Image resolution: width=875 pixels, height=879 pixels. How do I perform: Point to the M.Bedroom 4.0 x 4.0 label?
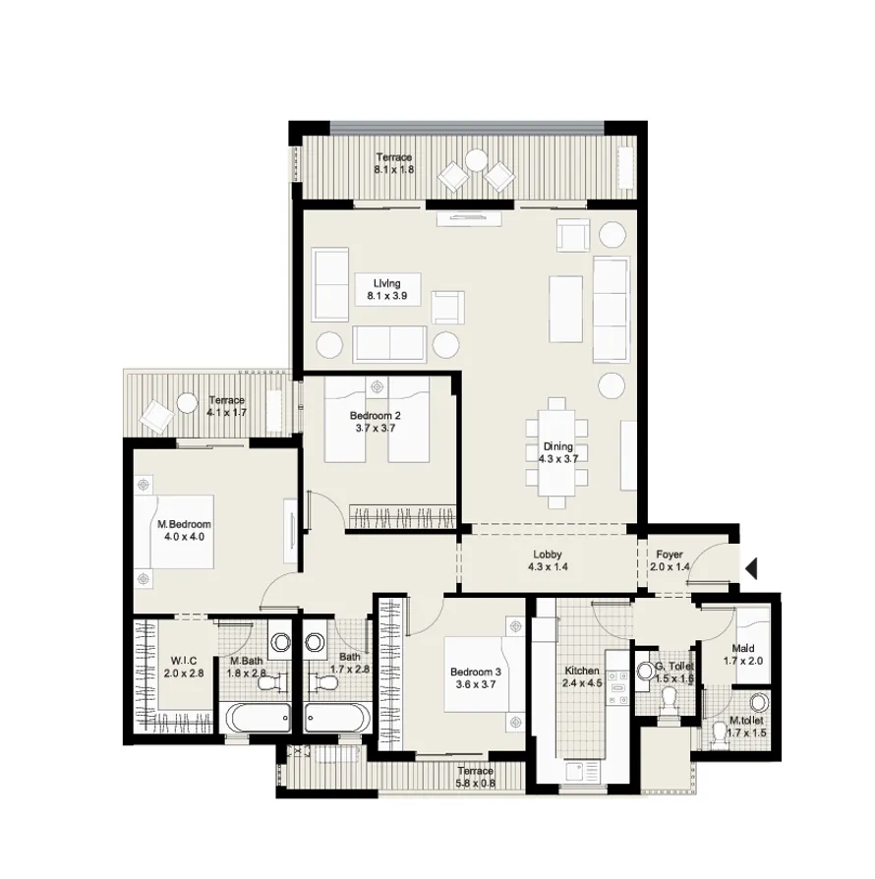click(x=184, y=531)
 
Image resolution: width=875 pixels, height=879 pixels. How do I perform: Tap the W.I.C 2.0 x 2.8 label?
click(x=186, y=667)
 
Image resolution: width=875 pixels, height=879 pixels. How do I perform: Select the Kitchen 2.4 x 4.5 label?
click(x=581, y=677)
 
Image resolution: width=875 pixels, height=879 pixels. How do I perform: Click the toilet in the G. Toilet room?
click(x=670, y=699)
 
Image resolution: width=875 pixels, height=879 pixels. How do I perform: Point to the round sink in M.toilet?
click(x=759, y=704)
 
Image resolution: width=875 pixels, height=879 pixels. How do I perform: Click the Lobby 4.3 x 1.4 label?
click(x=548, y=560)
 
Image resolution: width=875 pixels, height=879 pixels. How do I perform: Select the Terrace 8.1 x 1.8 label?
click(x=393, y=163)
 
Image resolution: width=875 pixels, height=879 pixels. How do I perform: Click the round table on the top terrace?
click(x=477, y=159)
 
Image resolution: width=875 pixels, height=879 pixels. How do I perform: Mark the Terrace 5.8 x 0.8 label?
click(x=475, y=777)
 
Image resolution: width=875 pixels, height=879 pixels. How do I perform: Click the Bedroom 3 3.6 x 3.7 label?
click(x=476, y=677)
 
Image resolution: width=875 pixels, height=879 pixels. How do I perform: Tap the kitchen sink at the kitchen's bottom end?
click(x=581, y=770)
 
